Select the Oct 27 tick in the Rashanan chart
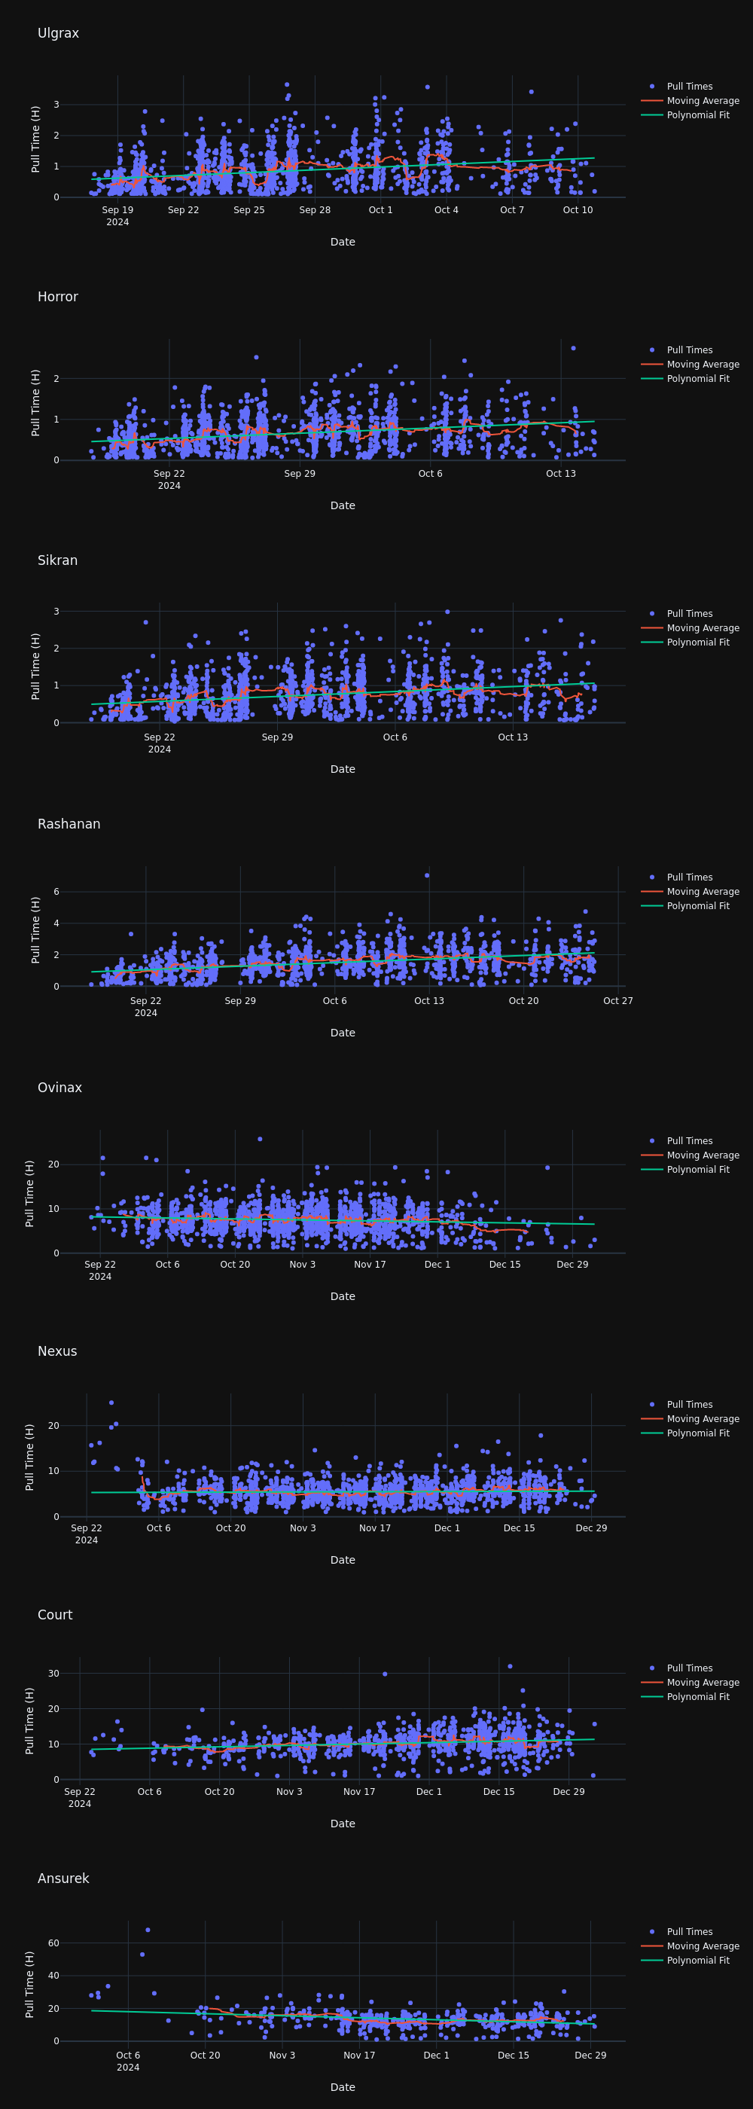617,1000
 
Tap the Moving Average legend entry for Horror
703,365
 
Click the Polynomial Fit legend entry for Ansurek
697,1960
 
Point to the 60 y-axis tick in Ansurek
53,1943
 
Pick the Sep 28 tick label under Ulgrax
314,210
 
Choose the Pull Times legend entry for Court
689,1668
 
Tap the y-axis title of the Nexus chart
30,1457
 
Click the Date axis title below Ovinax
342,1296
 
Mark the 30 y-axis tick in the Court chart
53,1674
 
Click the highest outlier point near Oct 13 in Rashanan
427,875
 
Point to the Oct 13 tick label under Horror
561,474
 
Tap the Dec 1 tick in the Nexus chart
447,1528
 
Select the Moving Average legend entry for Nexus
703,1419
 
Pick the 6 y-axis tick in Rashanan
56,892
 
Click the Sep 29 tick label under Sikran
276,737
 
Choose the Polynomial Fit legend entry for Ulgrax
697,115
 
